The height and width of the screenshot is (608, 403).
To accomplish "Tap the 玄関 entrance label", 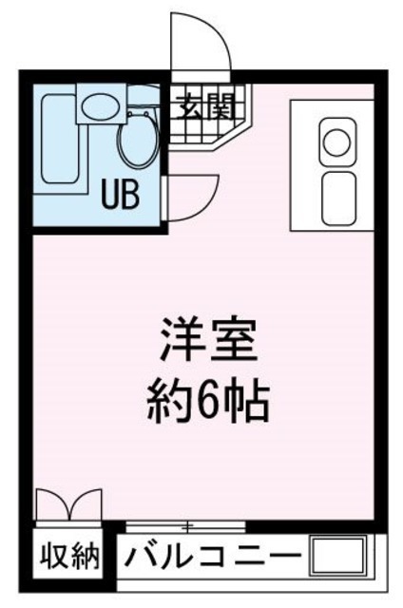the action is (207, 105).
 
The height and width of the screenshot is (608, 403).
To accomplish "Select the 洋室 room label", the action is (209, 341).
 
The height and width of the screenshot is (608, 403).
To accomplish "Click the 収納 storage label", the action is (69, 558).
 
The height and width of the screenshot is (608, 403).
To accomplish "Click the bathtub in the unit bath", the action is (59, 139).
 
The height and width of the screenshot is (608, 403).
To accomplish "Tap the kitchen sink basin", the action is (339, 199).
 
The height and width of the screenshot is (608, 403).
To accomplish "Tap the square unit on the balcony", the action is (338, 556).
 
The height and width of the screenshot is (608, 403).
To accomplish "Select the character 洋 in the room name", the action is (182, 341).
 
